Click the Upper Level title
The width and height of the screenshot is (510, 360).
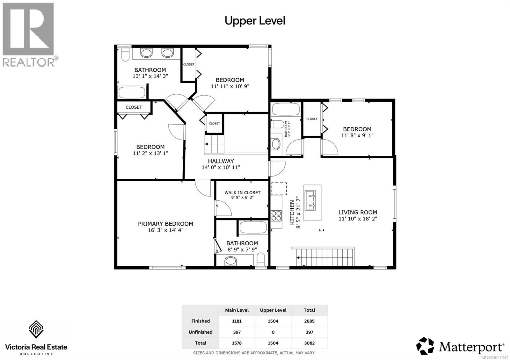[255, 21]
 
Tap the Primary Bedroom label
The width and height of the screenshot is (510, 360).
[165, 224]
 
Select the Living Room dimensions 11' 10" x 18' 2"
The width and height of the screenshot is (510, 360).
[358, 219]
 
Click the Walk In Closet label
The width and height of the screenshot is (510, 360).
[242, 192]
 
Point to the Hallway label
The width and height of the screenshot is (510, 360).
[221, 161]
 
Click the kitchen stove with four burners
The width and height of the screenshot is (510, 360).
[276, 216]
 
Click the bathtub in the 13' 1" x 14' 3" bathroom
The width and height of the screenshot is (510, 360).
[132, 93]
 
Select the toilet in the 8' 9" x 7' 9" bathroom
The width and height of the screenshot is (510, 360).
[261, 260]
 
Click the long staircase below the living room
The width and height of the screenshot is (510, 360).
[325, 257]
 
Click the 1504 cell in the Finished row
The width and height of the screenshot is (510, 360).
[273, 321]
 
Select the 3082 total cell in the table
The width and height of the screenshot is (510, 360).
[309, 343]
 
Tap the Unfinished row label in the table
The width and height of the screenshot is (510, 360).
[200, 332]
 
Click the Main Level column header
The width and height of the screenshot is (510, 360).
[237, 310]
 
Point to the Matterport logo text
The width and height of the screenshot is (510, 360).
[471, 347]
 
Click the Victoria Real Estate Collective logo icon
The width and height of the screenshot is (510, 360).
[36, 329]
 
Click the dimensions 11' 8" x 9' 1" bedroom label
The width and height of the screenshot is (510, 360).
[357, 135]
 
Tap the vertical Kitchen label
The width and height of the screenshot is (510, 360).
[292, 212]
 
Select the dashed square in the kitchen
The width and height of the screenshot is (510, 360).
[279, 189]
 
